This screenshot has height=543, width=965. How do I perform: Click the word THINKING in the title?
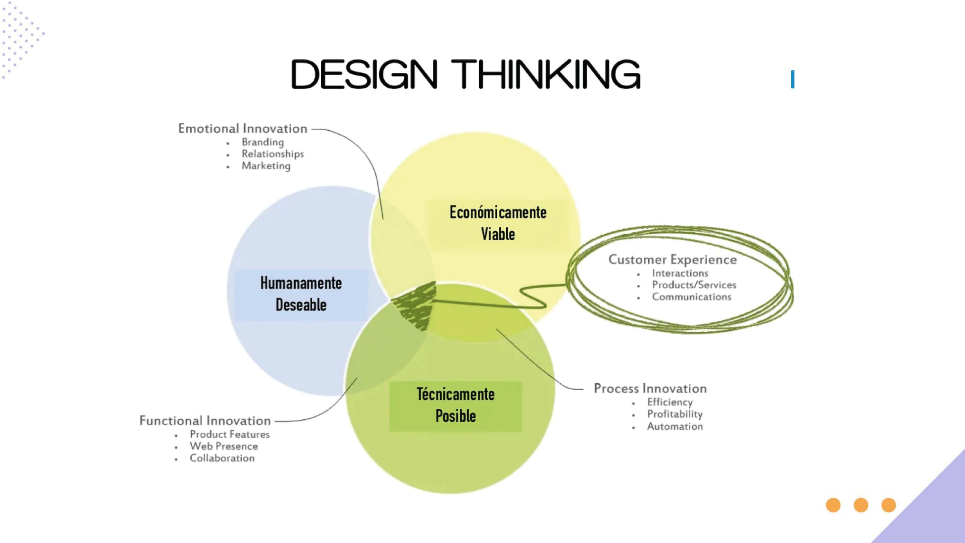[546, 74]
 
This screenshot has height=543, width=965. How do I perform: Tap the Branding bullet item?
[262, 142]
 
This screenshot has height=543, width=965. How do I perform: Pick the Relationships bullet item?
[273, 154]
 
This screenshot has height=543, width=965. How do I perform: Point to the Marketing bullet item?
[266, 166]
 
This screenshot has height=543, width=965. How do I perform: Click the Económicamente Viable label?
[498, 223]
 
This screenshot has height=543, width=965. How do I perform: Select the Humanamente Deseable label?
[301, 294]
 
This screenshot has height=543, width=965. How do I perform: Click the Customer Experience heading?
[672, 259]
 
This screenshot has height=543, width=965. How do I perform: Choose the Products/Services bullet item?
[694, 285]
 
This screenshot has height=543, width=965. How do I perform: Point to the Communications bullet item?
[692, 297]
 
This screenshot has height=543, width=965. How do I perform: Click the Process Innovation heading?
[650, 389]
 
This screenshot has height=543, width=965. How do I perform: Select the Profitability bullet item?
[675, 414]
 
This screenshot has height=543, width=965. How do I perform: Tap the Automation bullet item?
[675, 426]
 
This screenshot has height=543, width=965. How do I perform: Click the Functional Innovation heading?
[205, 421]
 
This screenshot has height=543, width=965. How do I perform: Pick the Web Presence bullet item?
[224, 446]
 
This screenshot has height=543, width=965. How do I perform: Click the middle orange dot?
[861, 505]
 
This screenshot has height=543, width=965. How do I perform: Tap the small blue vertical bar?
[793, 79]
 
